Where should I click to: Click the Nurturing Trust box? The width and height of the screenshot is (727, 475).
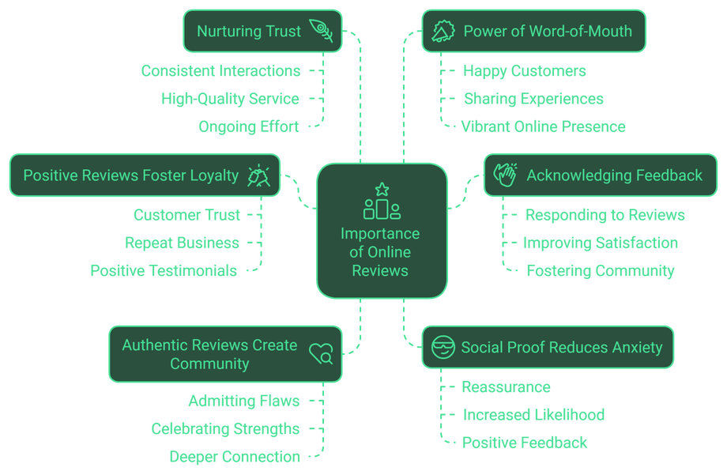click(262, 32)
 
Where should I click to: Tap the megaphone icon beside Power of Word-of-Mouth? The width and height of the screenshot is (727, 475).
click(443, 31)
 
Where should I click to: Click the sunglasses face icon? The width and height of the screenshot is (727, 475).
click(442, 347)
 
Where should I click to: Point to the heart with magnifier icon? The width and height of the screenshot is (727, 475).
click(321, 354)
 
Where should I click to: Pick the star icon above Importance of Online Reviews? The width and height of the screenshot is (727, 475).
click(382, 190)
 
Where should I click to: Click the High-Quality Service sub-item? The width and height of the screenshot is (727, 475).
click(231, 99)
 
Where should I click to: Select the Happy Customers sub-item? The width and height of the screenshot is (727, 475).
click(524, 71)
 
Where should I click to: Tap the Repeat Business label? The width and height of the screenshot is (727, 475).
click(182, 243)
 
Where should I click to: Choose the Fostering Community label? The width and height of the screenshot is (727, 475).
click(601, 271)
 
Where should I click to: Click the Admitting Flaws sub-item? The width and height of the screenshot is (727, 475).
click(243, 401)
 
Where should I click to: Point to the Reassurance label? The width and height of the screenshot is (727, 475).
click(507, 387)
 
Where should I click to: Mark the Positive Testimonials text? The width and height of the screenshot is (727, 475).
click(164, 271)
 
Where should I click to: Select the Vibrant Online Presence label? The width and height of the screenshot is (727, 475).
click(544, 126)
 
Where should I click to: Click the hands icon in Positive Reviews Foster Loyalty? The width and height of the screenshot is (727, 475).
click(258, 175)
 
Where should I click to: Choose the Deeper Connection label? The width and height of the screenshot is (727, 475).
click(235, 456)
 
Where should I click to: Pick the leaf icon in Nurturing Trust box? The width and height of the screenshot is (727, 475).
click(321, 31)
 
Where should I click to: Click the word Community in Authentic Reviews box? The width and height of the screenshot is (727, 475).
click(209, 364)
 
